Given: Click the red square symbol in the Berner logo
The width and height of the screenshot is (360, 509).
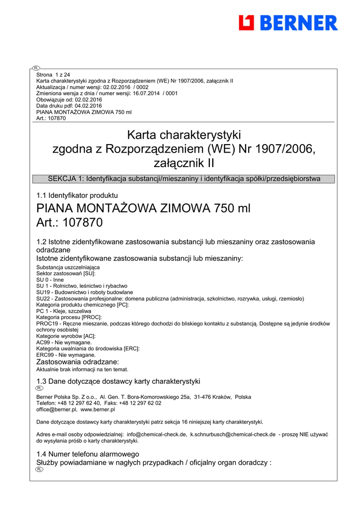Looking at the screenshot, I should coord(247,23).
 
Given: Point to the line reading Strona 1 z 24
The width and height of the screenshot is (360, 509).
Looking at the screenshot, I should coord(53,75).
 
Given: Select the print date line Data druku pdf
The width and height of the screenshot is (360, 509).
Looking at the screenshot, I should coord(69,106).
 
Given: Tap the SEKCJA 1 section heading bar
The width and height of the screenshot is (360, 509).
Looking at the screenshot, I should coord(183,179).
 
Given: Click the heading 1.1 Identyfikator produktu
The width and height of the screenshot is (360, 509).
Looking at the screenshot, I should coord(77,195).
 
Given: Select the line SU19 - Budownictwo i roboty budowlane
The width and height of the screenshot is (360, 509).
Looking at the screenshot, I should coord(85,292).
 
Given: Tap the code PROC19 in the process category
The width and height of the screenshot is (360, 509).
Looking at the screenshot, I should coord(46,324).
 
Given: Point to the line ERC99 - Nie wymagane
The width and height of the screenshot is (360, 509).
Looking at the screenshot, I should coord(66,355).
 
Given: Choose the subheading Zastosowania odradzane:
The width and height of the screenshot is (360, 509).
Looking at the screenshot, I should coord(78,362).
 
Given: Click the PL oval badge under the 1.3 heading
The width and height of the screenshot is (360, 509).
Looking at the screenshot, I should coord(40,388).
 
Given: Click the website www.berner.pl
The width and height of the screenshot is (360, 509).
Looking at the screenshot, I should coord(97,410).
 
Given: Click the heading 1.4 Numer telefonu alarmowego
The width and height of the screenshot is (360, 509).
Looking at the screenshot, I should coord(88,454).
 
